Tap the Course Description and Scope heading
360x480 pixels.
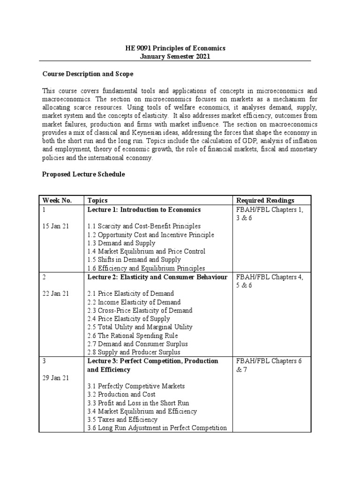88,74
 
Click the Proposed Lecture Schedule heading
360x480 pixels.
83,174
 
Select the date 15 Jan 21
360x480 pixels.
56,226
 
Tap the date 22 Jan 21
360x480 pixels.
56,293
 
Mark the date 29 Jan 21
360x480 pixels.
56,378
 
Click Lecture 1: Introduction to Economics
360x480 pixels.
144,210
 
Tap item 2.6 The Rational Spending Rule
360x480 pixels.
133,336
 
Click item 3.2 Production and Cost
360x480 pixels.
121,394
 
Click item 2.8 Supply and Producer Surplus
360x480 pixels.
134,352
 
